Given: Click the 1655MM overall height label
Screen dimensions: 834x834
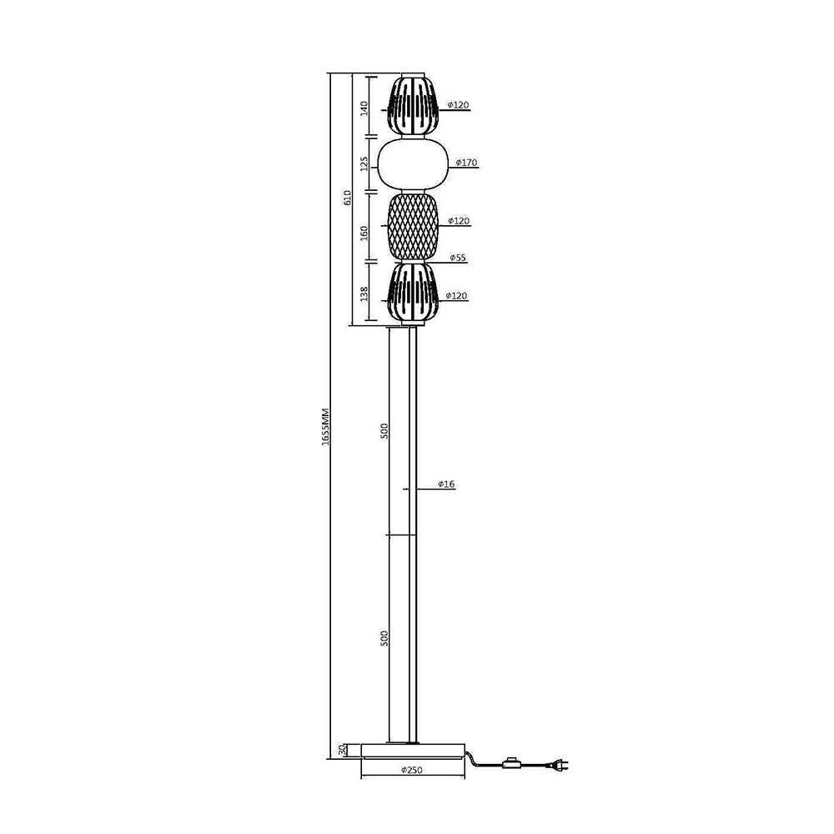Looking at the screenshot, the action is (x=326, y=427).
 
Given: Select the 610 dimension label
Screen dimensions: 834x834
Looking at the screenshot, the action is (x=347, y=198).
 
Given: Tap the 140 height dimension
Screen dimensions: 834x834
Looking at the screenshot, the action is (x=364, y=108).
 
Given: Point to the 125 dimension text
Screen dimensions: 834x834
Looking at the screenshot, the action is (x=364, y=163).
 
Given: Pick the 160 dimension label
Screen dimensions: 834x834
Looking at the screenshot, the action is (x=364, y=233).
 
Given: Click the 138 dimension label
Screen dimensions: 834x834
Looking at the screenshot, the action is (x=364, y=294).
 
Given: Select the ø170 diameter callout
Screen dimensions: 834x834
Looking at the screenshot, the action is (x=466, y=163).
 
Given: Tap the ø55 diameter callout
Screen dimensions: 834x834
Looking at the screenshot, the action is (x=457, y=258).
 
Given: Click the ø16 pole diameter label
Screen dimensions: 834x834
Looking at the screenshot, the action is (x=446, y=484).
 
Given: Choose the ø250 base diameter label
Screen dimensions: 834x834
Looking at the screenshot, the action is (x=412, y=770).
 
